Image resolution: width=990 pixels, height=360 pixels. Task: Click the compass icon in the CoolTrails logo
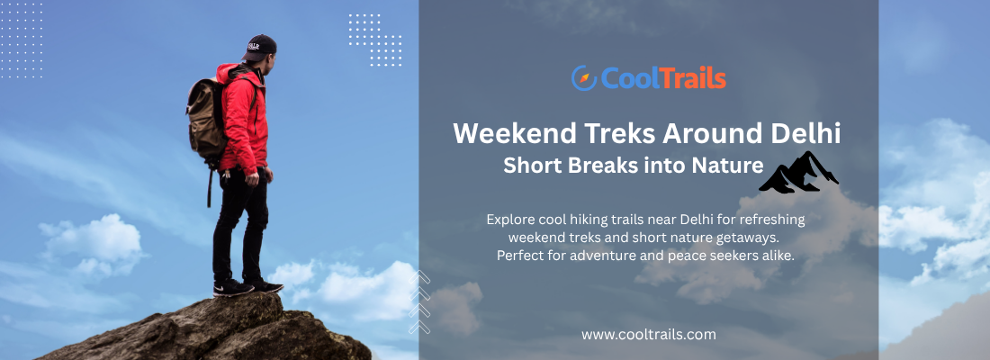(x=584, y=78)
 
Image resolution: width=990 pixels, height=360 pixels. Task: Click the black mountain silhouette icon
(x=798, y=172)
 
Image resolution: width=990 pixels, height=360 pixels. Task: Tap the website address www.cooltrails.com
(x=648, y=334)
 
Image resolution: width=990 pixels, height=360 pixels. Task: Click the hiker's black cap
(x=259, y=48)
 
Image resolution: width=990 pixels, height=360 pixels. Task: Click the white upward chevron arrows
(x=419, y=302)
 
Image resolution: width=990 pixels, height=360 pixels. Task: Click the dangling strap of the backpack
(x=209, y=185)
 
